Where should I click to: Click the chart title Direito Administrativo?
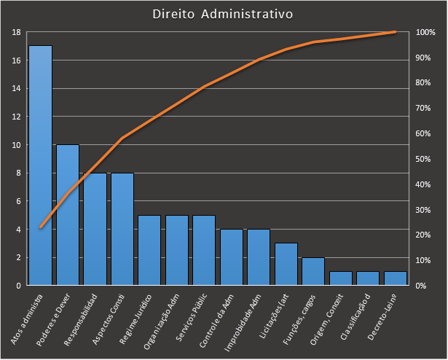click(x=223, y=14)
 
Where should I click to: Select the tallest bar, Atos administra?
click(x=41, y=165)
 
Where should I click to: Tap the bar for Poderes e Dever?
click(x=68, y=215)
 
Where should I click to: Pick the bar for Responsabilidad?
click(x=95, y=229)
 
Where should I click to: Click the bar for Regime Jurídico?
click(x=149, y=250)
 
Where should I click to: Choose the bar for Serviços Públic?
click(x=204, y=250)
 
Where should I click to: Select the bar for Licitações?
click(x=286, y=264)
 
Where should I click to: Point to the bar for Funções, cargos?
click(x=313, y=271)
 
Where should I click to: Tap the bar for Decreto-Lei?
click(x=396, y=278)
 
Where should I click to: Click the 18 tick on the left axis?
click(x=17, y=32)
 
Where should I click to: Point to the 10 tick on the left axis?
click(x=17, y=145)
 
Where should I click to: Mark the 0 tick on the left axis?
click(x=18, y=286)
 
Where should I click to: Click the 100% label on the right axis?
click(x=425, y=32)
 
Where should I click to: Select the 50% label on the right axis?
click(x=423, y=159)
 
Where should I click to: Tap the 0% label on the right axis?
click(x=421, y=286)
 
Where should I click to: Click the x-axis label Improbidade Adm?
click(x=243, y=323)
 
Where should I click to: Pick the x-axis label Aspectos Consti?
click(x=109, y=319)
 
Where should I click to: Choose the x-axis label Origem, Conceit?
click(x=326, y=319)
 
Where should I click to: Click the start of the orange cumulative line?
click(x=41, y=227)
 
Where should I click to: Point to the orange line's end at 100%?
click(x=395, y=32)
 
